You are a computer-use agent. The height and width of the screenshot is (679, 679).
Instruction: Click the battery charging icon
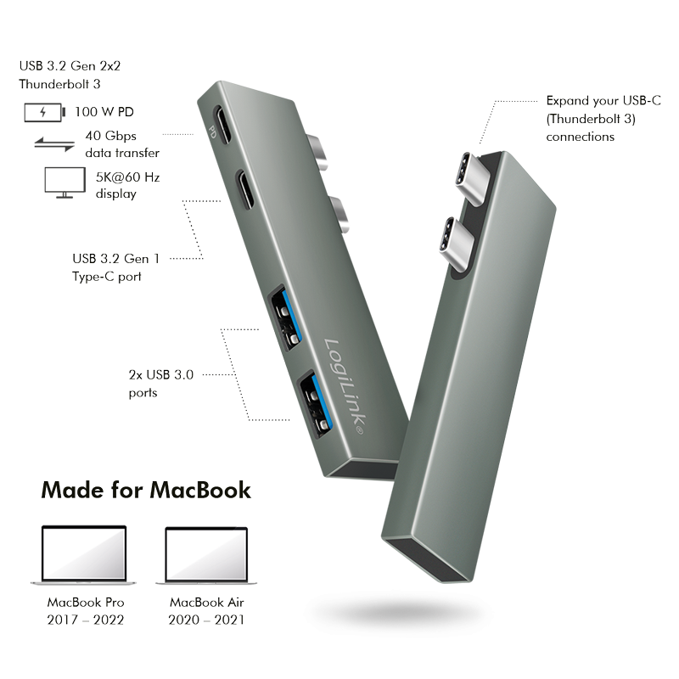pyautogui.click(x=45, y=113)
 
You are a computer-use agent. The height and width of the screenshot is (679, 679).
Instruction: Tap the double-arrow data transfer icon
pyautogui.click(x=54, y=144)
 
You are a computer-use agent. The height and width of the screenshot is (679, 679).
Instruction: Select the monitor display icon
pyautogui.click(x=65, y=182)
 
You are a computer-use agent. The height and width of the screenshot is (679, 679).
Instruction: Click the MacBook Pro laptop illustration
pyautogui.click(x=83, y=555)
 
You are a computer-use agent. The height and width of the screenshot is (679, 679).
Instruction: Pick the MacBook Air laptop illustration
pyautogui.click(x=206, y=556)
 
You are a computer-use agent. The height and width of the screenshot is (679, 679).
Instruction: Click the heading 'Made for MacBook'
pyautogui.click(x=146, y=491)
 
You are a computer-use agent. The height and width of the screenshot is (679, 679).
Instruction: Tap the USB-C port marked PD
pyautogui.click(x=222, y=125)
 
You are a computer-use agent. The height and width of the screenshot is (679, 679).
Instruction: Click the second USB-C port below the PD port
pyautogui.click(x=245, y=189)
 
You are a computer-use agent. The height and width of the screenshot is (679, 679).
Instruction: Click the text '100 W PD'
pyautogui.click(x=104, y=112)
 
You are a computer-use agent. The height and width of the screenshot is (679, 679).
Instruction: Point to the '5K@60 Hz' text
pyautogui.click(x=128, y=177)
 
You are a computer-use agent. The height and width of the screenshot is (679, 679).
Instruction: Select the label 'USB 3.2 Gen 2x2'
pyautogui.click(x=70, y=66)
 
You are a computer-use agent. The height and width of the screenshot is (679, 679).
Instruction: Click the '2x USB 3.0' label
pyautogui.click(x=161, y=374)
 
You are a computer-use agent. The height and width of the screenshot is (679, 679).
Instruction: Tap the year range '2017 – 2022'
pyautogui.click(x=86, y=620)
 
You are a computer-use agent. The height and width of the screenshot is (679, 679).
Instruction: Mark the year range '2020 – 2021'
pyautogui.click(x=206, y=620)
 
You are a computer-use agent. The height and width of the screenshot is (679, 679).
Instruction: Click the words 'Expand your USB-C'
pyautogui.click(x=603, y=100)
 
